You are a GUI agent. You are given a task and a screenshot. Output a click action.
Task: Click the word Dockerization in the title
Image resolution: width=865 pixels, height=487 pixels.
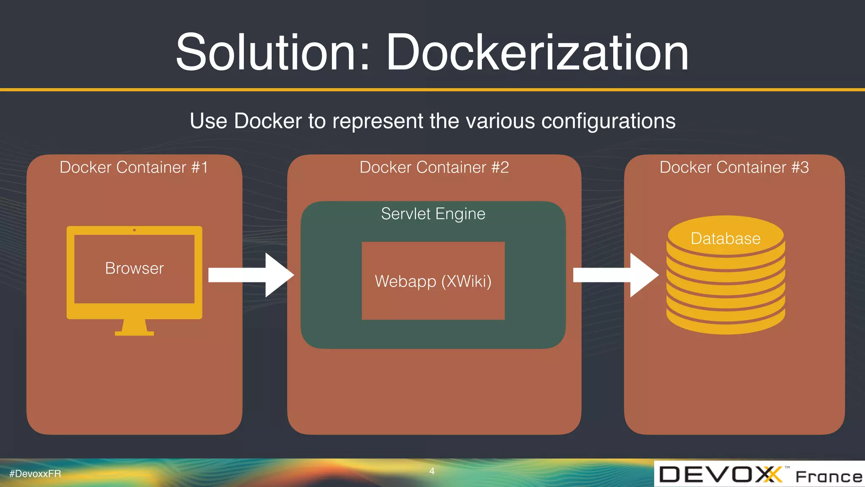click(537, 53)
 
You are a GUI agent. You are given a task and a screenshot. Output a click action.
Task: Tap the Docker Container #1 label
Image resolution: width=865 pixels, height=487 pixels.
click(134, 167)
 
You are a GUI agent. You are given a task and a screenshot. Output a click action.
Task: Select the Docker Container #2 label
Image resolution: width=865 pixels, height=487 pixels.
click(434, 167)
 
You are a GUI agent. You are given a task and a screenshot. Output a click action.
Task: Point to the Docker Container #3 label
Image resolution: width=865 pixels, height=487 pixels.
click(734, 167)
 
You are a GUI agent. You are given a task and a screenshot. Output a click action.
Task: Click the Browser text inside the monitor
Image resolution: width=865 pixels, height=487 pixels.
click(134, 268)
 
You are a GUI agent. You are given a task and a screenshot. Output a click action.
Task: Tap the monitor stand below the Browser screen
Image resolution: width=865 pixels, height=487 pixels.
click(134, 328)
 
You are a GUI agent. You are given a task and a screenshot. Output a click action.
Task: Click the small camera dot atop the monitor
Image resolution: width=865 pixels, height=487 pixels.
click(134, 230)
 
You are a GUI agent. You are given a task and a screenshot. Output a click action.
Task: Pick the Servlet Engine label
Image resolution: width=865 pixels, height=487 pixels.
click(433, 214)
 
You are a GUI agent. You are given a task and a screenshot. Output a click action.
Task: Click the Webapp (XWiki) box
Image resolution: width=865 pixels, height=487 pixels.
click(433, 281)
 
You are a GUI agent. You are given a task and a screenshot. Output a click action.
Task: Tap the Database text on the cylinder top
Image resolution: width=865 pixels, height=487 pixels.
click(725, 239)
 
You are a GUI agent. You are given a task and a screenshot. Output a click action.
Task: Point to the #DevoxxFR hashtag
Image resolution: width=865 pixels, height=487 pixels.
click(35, 474)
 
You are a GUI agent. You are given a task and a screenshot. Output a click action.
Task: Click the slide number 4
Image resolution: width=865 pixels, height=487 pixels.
click(432, 471)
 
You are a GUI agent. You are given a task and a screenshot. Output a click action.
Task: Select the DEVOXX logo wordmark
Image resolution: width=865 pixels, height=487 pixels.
click(720, 474)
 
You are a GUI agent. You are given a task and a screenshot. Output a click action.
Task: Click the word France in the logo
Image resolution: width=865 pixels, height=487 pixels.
click(829, 477)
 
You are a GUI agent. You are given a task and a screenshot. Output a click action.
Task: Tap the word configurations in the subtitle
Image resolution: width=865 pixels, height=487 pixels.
click(608, 121)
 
